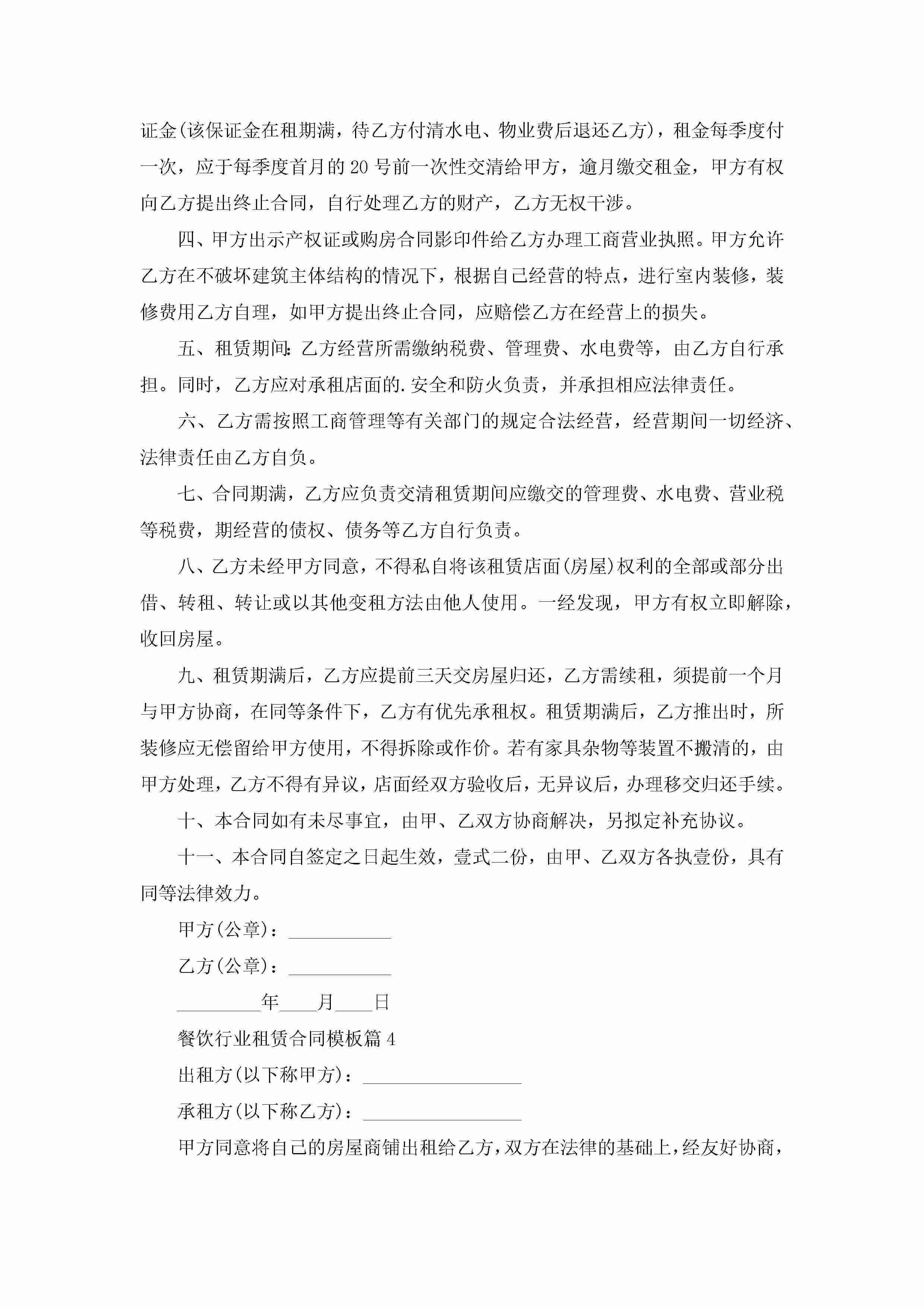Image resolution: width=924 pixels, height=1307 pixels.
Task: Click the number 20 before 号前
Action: pyautogui.click(x=359, y=167)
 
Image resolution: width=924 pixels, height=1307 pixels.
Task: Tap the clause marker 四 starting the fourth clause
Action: pyautogui.click(x=186, y=240)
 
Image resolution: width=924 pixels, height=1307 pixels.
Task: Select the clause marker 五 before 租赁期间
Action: pyautogui.click(x=186, y=348)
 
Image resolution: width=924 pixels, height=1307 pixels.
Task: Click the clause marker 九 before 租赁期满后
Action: pyautogui.click(x=186, y=676)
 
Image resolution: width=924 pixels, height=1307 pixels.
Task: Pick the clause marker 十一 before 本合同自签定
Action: pyautogui.click(x=195, y=857)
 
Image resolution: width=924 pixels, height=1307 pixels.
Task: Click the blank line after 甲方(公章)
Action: pyautogui.click(x=340, y=930)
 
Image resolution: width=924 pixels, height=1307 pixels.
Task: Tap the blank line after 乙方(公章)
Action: pyautogui.click(x=340, y=966)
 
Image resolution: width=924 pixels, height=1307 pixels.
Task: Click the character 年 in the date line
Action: pyautogui.click(x=270, y=1003)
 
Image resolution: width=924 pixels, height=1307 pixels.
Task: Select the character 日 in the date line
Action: pyautogui.click(x=382, y=1003)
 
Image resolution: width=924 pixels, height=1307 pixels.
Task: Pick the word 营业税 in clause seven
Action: pyautogui.click(x=757, y=494)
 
